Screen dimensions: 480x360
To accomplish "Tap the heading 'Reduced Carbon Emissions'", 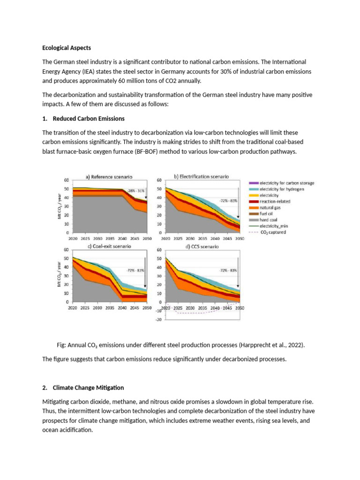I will click(89, 118).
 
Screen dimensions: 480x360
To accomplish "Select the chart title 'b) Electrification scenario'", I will click(202, 177).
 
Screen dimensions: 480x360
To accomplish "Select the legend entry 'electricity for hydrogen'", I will click(280, 188).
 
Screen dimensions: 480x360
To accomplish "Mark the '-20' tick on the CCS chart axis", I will click(158, 319).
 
